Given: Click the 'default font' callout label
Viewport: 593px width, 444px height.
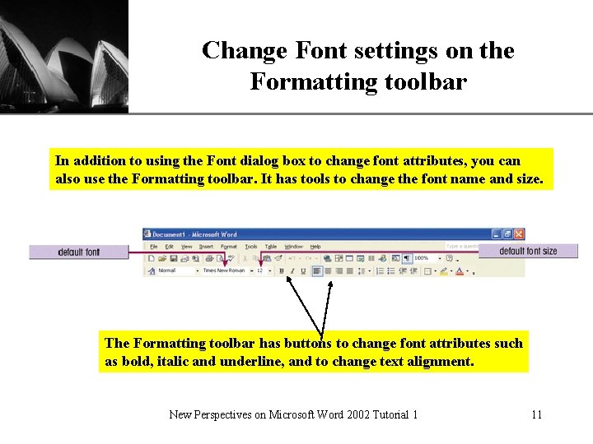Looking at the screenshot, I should coord(78,252).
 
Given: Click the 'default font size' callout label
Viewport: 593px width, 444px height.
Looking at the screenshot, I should coord(528,251).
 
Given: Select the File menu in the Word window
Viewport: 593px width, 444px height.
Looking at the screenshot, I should coord(153,246).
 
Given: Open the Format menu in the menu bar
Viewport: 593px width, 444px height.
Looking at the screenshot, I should coord(228,246).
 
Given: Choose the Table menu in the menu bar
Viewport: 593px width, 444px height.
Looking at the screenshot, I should coord(271,246).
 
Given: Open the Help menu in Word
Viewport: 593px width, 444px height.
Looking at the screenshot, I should coord(316,246).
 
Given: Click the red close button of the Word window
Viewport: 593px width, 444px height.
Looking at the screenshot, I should coord(519,234).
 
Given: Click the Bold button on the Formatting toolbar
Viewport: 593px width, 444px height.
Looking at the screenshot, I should coord(282,271).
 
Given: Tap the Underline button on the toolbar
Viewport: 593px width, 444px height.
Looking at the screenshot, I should coord(303,271).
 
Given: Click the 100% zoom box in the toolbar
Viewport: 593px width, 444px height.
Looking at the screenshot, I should coord(422,258).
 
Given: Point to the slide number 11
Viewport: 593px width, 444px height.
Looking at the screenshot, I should coord(536,414).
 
